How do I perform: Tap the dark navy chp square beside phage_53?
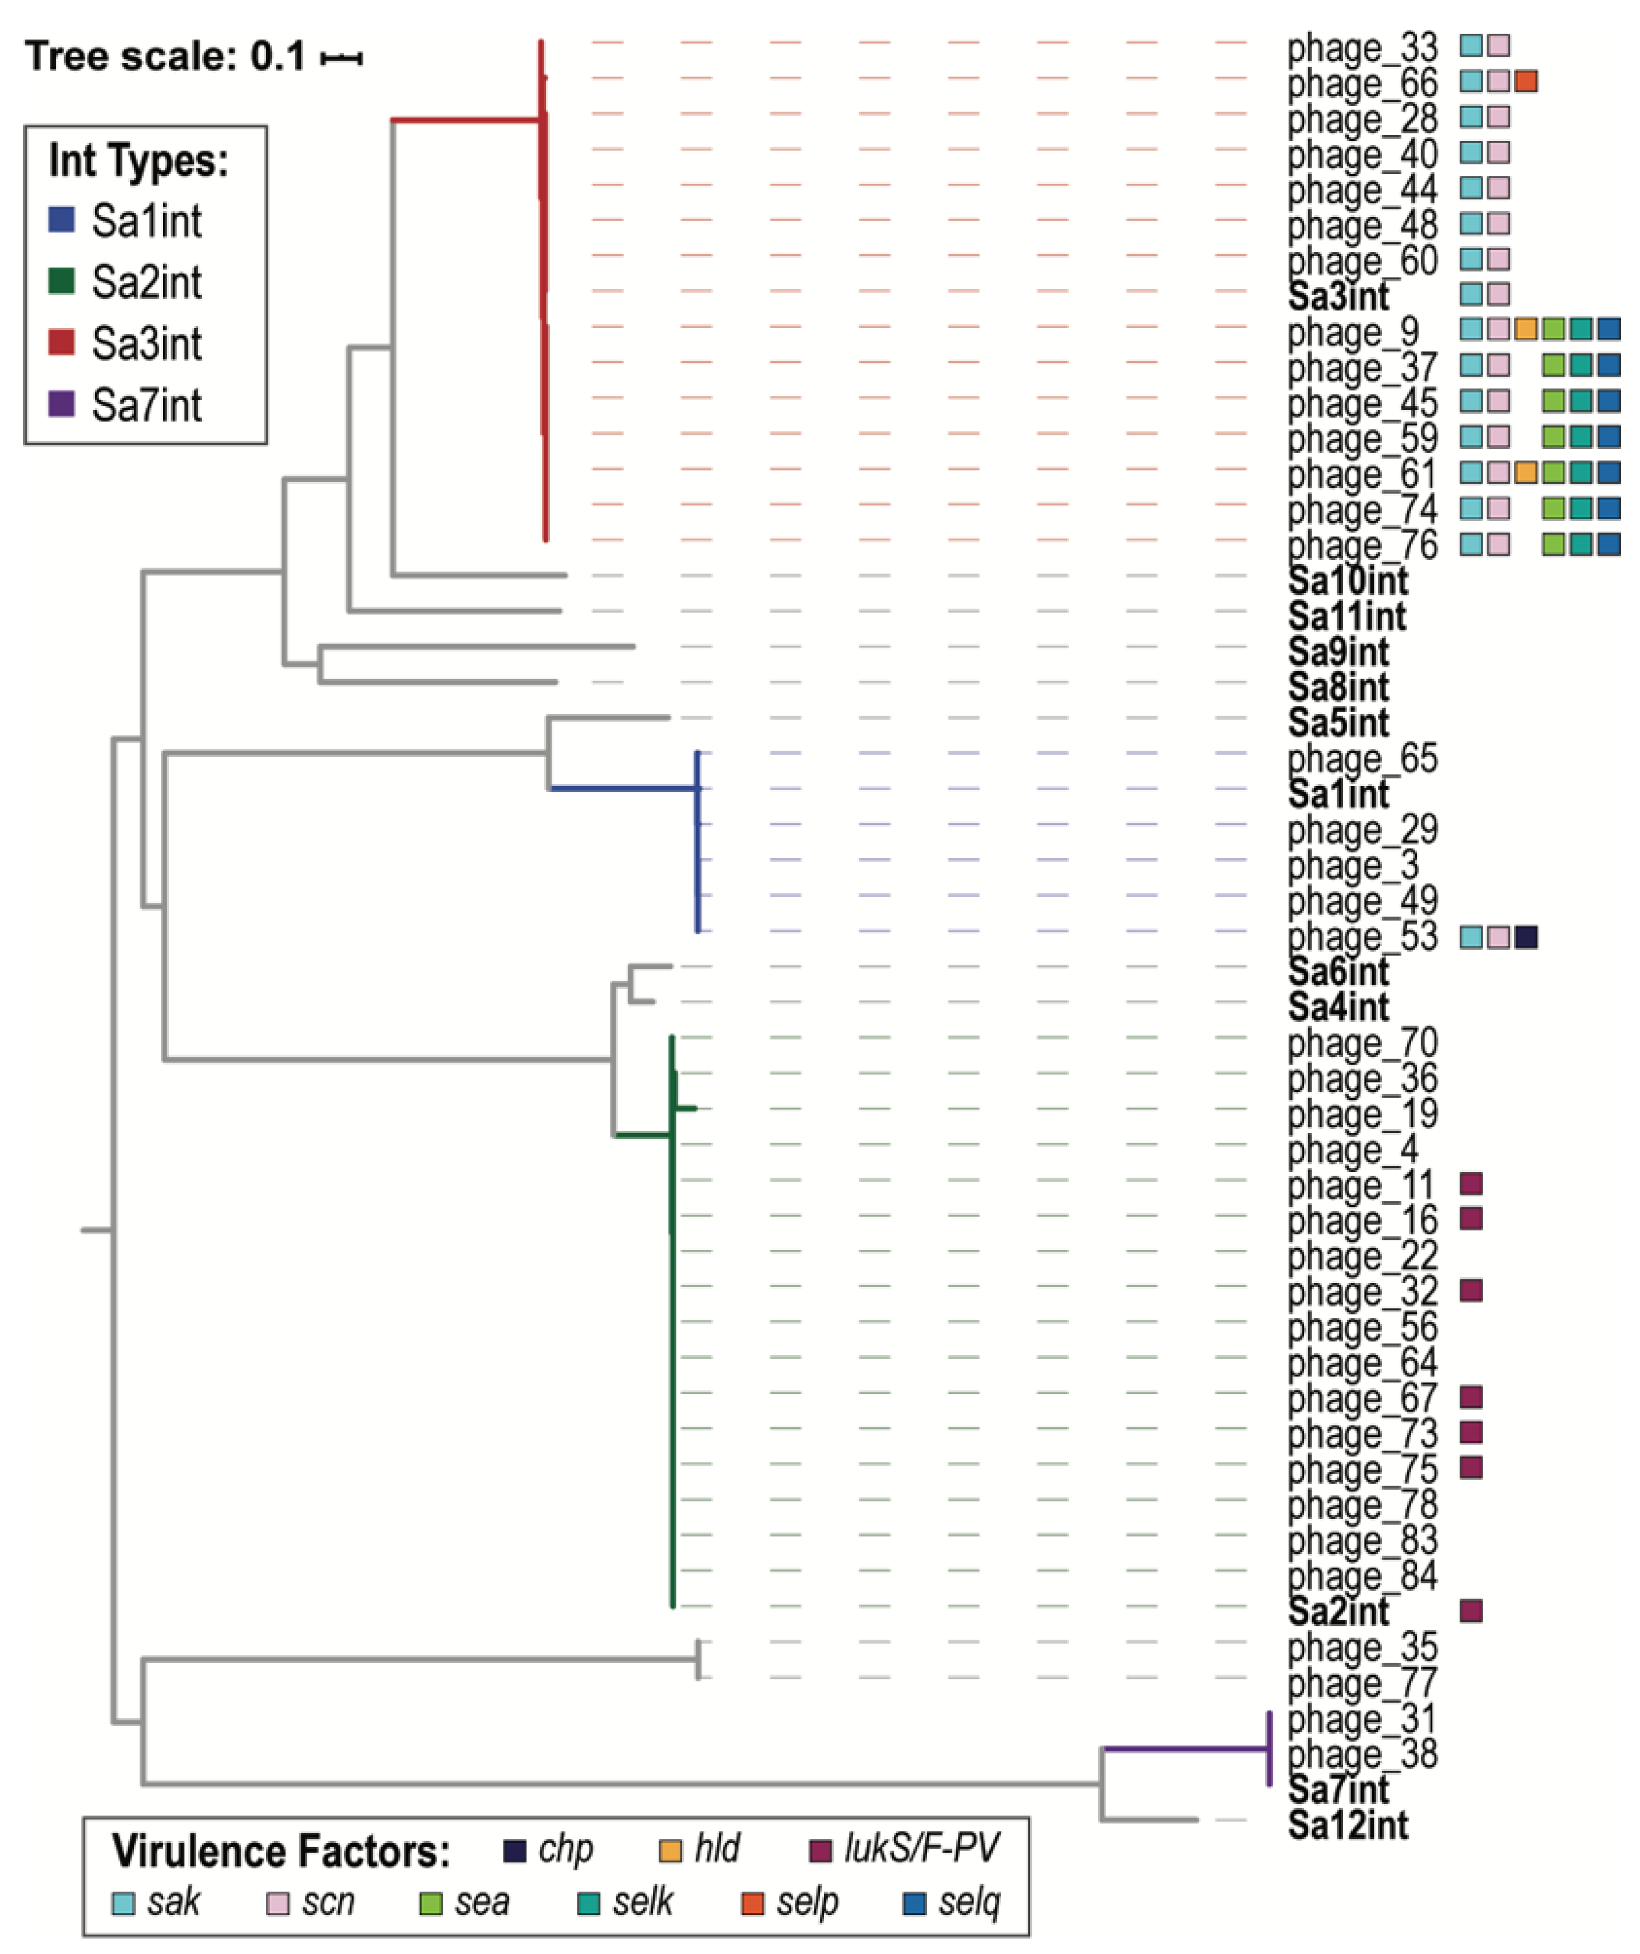pos(1526,937)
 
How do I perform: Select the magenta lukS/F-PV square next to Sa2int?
pos(1471,1610)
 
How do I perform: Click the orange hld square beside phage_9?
pos(1526,329)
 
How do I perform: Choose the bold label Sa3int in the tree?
pos(1338,297)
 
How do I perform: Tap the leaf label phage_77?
pos(1362,1682)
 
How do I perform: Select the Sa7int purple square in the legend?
pos(61,404)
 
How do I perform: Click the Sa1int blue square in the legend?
pos(61,220)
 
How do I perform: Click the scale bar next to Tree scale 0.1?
pos(342,58)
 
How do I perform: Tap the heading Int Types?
pos(138,160)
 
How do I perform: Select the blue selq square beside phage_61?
pos(1609,472)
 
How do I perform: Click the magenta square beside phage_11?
pos(1471,1183)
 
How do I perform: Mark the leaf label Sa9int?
pos(1338,652)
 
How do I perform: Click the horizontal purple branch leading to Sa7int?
pos(1186,1748)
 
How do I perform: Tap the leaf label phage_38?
pos(1362,1754)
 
